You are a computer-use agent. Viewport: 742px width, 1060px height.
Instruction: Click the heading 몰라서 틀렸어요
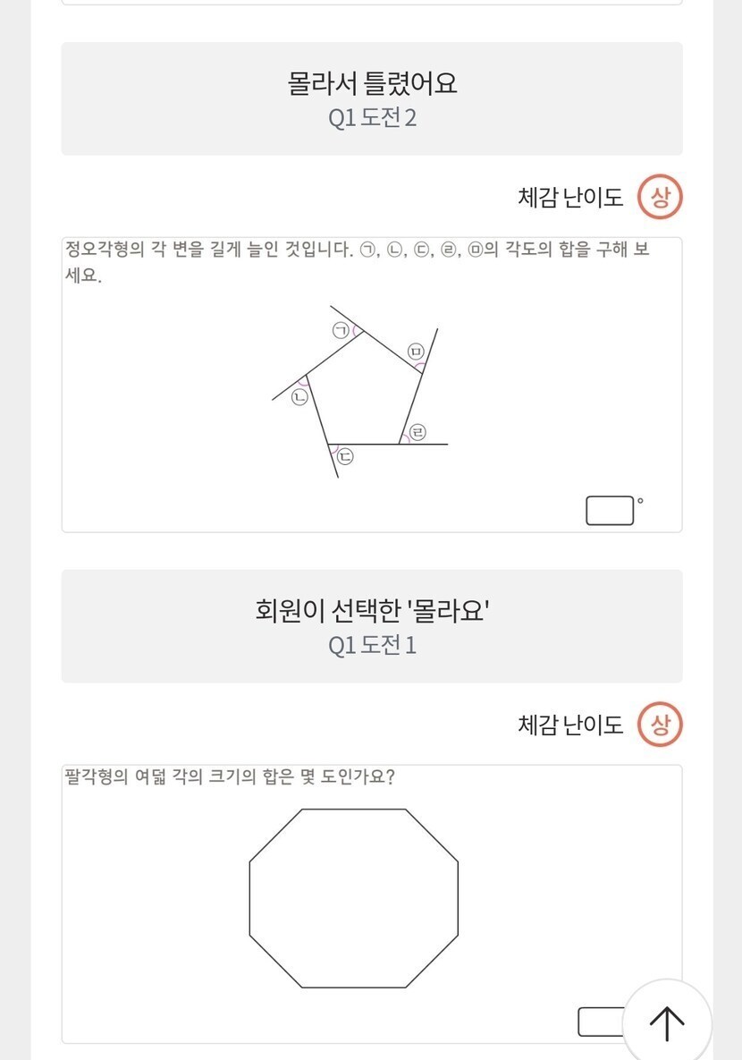pyautogui.click(x=373, y=83)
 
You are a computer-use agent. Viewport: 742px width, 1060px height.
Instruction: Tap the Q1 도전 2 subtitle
pyautogui.click(x=373, y=117)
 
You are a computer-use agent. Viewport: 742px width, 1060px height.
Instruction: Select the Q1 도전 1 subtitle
pyautogui.click(x=373, y=645)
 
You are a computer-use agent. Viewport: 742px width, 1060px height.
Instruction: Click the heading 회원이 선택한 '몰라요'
pyautogui.click(x=373, y=610)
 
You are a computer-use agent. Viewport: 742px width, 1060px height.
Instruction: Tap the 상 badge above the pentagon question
pyautogui.click(x=661, y=198)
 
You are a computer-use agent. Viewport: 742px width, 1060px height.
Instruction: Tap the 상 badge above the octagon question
pyautogui.click(x=661, y=725)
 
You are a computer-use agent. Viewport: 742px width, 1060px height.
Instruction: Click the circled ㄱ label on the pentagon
pyautogui.click(x=341, y=331)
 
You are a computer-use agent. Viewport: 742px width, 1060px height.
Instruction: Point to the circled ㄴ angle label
pyautogui.click(x=299, y=397)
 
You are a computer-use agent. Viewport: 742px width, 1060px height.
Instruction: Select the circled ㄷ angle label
pyautogui.click(x=345, y=456)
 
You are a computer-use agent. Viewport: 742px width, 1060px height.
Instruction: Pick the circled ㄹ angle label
pyautogui.click(x=418, y=432)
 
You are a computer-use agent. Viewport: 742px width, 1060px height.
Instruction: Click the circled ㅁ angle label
pyautogui.click(x=416, y=351)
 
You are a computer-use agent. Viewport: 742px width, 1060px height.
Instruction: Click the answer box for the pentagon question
pyautogui.click(x=610, y=511)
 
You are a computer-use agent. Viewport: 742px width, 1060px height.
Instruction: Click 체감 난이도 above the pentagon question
pyautogui.click(x=570, y=198)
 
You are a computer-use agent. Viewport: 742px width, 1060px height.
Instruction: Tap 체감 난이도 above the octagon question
pyautogui.click(x=570, y=725)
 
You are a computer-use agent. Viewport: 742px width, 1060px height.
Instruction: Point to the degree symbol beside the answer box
pyautogui.click(x=640, y=501)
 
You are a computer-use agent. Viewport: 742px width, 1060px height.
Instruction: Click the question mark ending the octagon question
pyautogui.click(x=389, y=776)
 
